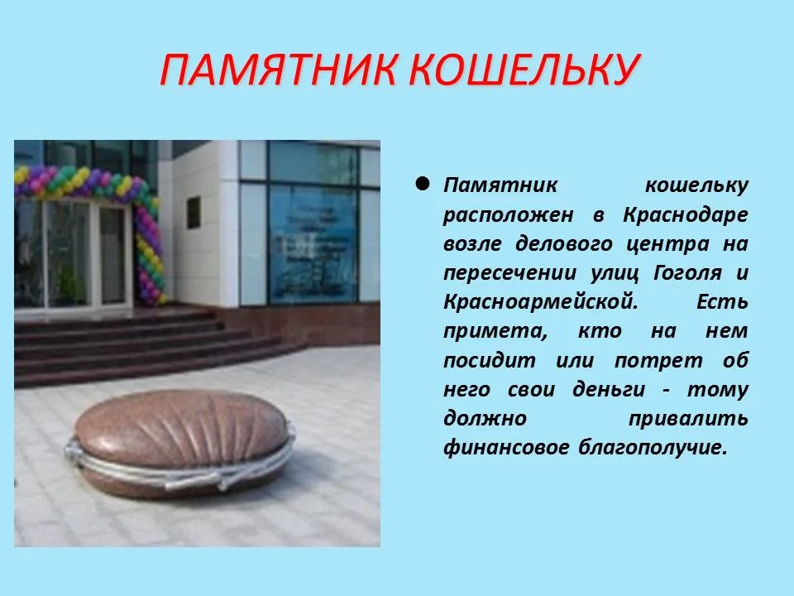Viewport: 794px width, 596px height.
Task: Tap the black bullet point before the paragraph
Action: [422, 184]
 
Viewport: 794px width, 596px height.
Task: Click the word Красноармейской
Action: [540, 301]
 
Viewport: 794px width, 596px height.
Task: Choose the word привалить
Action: [688, 419]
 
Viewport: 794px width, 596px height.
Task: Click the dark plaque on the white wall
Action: [194, 209]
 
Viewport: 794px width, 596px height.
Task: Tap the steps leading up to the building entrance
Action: [149, 339]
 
